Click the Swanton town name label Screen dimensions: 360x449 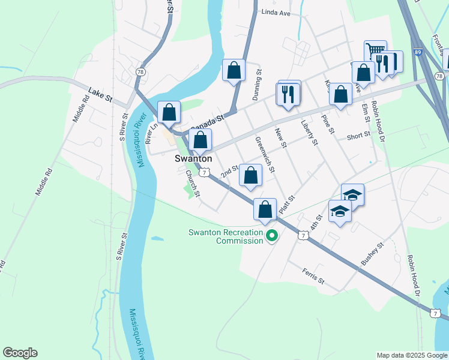(193, 159)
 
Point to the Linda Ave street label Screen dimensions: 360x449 (276, 13)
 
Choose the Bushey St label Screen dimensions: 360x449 (372, 255)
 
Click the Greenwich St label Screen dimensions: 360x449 (265, 155)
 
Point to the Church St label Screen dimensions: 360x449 (191, 183)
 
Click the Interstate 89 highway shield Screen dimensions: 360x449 (418, 53)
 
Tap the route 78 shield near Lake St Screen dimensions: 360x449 (141, 71)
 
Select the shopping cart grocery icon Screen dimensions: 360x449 (375, 51)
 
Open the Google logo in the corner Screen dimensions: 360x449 (20, 353)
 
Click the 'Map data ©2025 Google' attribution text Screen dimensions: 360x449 (411, 355)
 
